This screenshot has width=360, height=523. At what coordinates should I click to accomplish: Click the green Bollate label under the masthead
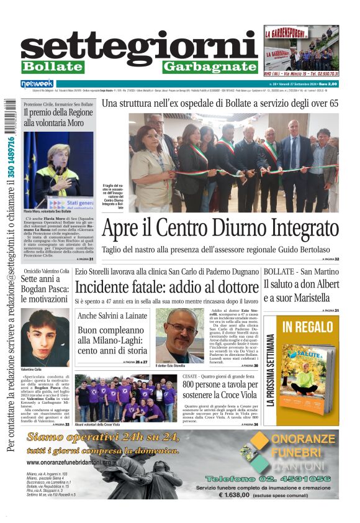[52, 66]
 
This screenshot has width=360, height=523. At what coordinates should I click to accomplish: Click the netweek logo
[37, 84]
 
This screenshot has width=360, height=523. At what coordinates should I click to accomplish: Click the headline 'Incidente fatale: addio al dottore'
[166, 287]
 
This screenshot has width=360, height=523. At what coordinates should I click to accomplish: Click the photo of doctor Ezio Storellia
[179, 335]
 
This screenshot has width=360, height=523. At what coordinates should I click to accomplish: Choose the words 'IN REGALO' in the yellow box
[307, 327]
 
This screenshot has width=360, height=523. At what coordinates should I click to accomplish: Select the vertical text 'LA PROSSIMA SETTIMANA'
[271, 379]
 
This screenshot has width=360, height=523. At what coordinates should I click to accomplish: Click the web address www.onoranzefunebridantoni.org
[68, 462]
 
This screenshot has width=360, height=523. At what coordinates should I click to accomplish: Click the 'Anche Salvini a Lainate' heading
[112, 316]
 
